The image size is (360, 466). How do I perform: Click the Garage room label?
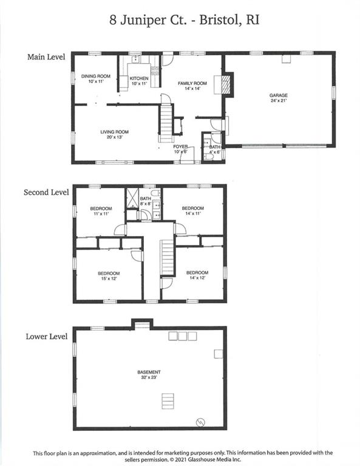[x=279, y=98]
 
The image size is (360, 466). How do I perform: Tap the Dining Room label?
[x=96, y=78]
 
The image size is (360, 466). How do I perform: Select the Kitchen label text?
[x=139, y=81]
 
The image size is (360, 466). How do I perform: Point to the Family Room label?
[x=192, y=86]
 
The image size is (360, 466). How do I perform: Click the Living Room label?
[x=115, y=134]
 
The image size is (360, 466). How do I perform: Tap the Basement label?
[x=149, y=374]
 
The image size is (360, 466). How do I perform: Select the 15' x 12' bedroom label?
[x=109, y=276]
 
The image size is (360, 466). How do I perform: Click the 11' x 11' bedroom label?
[x=101, y=211]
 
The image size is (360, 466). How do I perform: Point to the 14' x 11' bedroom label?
[x=193, y=211]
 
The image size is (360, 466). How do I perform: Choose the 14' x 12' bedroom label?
[x=197, y=275]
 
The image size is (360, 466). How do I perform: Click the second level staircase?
[x=168, y=258]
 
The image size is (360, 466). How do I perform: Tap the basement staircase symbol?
[x=168, y=401]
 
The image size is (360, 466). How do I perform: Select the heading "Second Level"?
[x=46, y=192]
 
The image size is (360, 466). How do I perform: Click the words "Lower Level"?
[x=47, y=336]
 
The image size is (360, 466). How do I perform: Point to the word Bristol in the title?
[x=220, y=20]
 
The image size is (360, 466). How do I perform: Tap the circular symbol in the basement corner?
[x=200, y=422]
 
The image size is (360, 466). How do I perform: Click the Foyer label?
[x=180, y=149]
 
